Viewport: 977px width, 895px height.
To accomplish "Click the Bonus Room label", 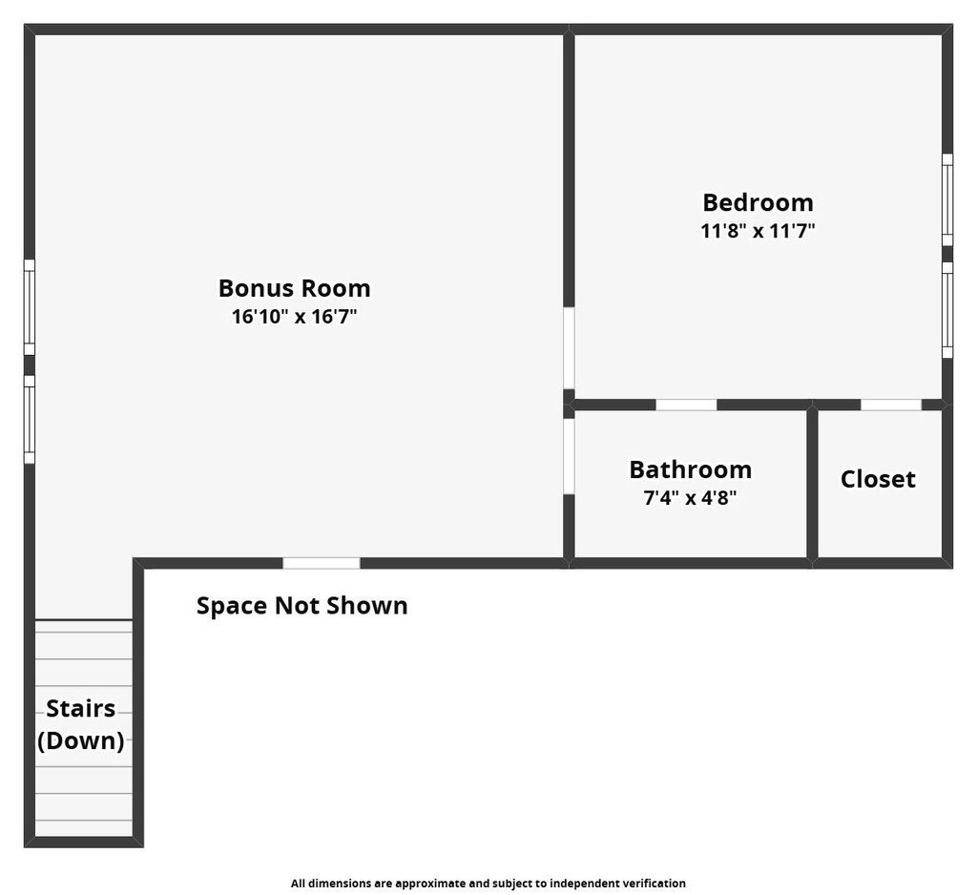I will click(294, 287).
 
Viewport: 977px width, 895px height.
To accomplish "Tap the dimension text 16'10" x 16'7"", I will click(294, 317).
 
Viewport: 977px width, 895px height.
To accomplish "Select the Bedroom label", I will click(758, 202).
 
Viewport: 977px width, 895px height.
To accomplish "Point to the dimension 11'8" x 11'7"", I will click(758, 231).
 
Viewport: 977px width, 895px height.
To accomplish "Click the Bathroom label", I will click(690, 469).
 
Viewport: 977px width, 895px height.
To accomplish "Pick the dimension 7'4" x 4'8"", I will click(690, 497).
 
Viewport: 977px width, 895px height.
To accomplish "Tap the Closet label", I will click(878, 479).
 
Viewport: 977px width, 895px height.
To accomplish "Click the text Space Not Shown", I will click(301, 606).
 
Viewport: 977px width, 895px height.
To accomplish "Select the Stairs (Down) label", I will click(81, 724).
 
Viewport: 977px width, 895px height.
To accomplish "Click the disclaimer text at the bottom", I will click(488, 884).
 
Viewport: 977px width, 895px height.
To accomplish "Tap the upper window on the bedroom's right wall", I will click(947, 199).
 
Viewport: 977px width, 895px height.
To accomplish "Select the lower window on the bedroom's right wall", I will click(947, 310).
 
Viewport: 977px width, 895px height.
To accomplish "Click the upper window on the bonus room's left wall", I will click(30, 307).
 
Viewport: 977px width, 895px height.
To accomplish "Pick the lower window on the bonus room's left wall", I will click(30, 420).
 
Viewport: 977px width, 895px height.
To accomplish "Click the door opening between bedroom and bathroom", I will click(686, 405).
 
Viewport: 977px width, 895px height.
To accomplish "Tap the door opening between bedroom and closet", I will click(890, 405).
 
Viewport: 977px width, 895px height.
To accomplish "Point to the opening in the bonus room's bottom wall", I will click(322, 563).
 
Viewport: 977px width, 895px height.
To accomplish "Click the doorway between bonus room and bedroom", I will click(569, 347).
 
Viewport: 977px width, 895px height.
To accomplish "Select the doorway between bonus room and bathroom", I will click(569, 456).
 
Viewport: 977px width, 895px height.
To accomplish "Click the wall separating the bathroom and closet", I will click(812, 483).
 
